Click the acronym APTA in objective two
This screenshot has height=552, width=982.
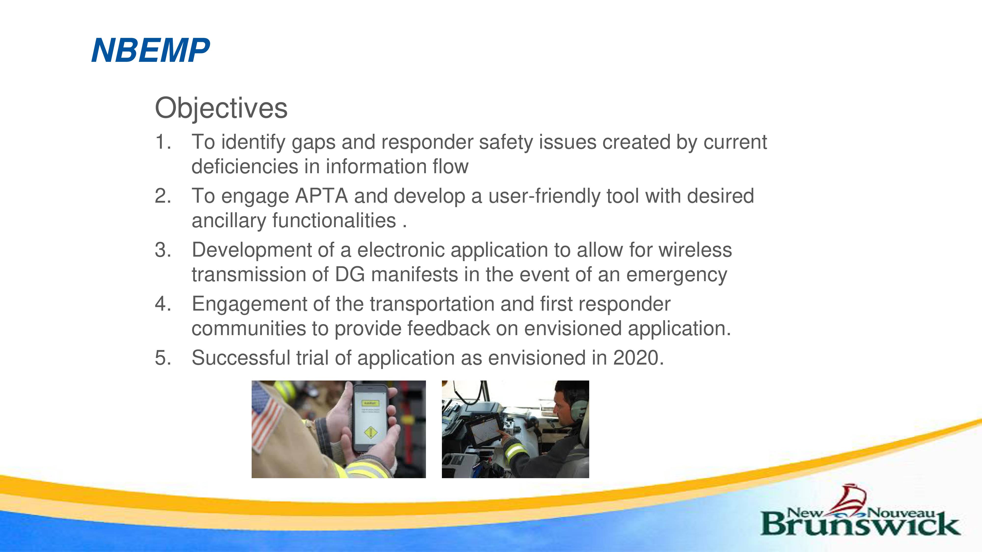(321, 196)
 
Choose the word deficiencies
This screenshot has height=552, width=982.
(247, 167)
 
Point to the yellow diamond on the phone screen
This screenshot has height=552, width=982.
(370, 432)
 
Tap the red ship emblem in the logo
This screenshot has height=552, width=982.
(851, 499)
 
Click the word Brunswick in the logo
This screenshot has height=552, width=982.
(860, 524)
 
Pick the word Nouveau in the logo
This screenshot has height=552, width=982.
(901, 513)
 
